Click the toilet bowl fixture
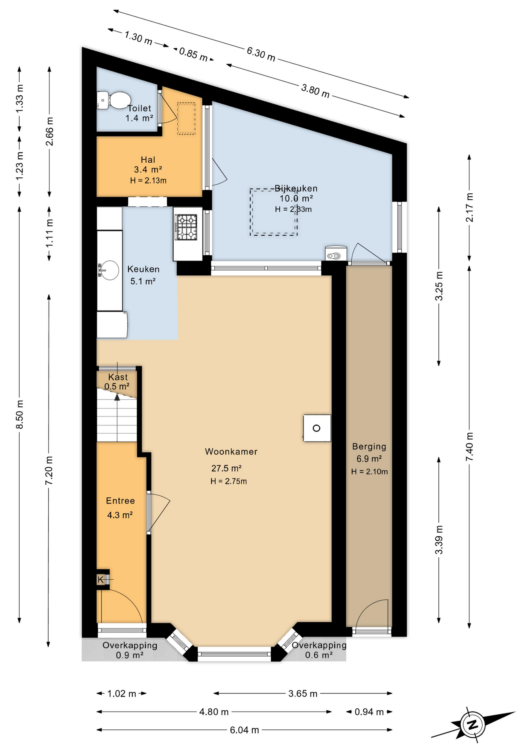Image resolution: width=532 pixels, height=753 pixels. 114,100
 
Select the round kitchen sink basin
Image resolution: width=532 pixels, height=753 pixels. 110,270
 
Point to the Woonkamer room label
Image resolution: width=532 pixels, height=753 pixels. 231,451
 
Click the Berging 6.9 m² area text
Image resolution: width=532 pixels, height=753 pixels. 369,458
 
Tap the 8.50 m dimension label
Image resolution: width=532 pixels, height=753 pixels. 20,414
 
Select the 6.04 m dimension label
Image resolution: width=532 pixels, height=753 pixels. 244,730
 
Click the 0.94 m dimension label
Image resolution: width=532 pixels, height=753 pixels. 369,712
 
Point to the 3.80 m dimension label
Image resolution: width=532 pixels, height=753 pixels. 315,91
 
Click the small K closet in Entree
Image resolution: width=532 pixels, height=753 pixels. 101,579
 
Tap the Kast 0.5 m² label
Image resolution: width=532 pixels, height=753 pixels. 117,382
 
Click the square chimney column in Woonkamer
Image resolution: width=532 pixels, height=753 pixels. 317,428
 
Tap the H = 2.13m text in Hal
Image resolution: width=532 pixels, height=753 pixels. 148,180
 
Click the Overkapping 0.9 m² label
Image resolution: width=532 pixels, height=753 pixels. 130,650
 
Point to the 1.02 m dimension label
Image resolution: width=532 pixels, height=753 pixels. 121,693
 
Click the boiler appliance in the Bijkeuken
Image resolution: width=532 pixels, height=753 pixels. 336,253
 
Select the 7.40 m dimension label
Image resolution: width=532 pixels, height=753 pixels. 469,447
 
